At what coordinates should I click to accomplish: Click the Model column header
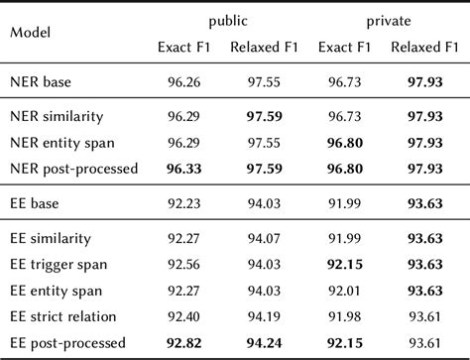pyautogui.click(x=31, y=31)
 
